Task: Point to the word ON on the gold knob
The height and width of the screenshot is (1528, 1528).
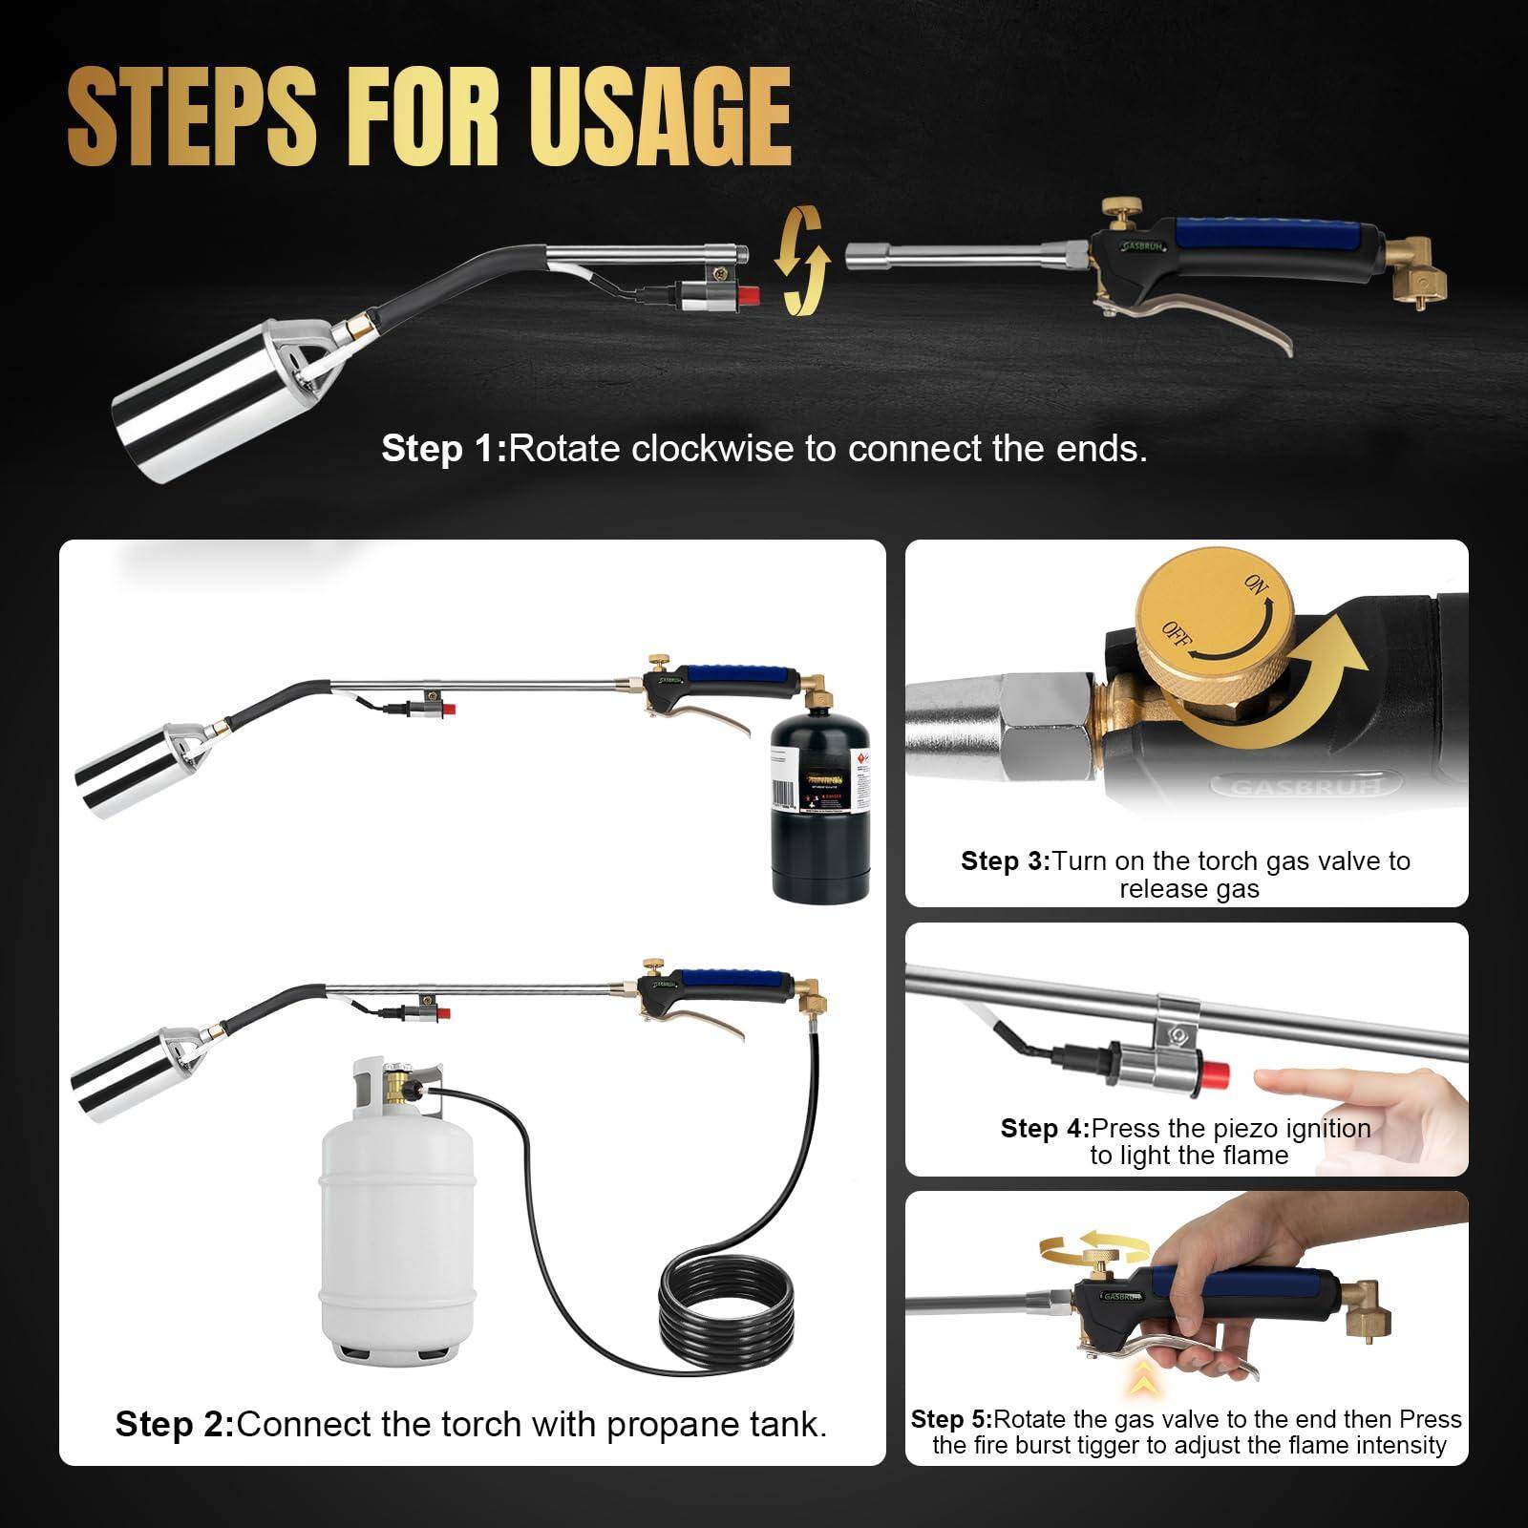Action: point(1256,585)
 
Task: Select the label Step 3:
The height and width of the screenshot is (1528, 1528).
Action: point(1005,861)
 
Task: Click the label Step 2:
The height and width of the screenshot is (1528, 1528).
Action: point(175,1424)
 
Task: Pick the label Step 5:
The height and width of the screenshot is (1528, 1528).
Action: point(951,1419)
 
